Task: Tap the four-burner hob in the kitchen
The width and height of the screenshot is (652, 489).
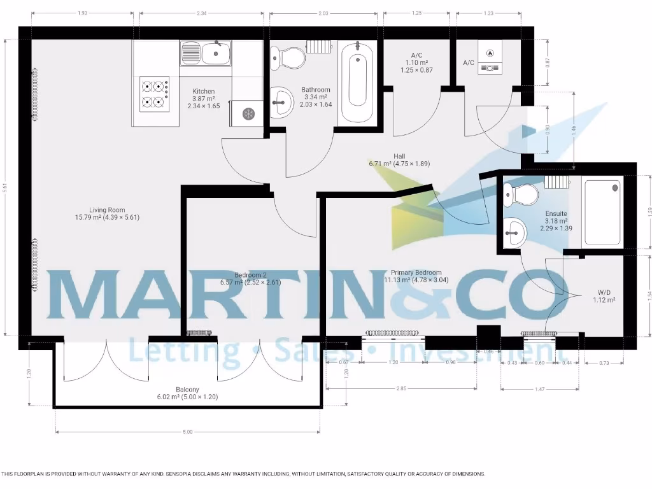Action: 155,94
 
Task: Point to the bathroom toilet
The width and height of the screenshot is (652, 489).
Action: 287,59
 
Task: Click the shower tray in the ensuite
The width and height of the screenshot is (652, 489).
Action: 602,212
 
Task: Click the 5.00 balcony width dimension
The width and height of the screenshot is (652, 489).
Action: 187,432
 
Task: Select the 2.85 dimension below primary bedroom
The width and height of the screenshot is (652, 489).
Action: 401,388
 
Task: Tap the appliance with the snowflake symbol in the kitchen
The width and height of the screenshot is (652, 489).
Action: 248,113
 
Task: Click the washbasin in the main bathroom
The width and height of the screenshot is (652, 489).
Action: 281,102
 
